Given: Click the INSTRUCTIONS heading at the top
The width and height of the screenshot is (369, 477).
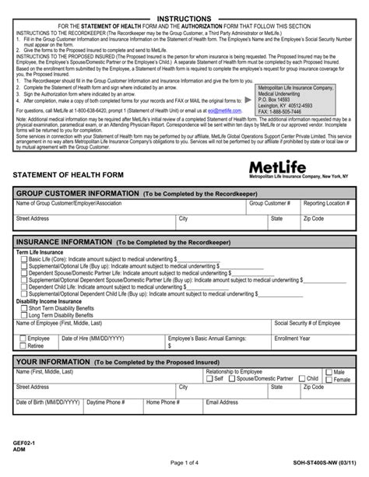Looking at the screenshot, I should tap(183, 18).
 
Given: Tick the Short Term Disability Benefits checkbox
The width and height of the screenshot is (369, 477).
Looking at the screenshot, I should tap(23, 308).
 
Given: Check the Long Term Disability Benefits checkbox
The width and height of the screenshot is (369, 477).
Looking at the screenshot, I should tap(23, 314).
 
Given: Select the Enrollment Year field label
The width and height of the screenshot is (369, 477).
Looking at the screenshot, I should tap(293, 338).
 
